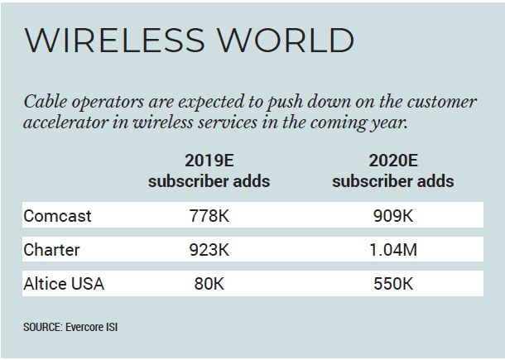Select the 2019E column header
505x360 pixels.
click(x=209, y=160)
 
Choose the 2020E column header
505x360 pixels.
click(x=392, y=160)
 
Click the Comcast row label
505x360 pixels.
click(x=57, y=216)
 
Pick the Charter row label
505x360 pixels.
click(x=52, y=250)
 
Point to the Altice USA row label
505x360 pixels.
click(x=64, y=284)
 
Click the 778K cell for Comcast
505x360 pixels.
click(x=209, y=216)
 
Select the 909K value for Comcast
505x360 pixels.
click(x=392, y=216)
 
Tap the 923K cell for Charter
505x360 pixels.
click(x=209, y=250)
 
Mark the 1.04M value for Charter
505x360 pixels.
click(x=392, y=250)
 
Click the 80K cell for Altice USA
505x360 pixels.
click(x=209, y=284)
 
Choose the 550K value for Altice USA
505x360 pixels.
click(x=392, y=284)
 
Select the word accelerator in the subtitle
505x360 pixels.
click(x=71, y=123)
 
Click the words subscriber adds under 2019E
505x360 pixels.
click(x=209, y=180)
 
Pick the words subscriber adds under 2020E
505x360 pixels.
click(x=392, y=180)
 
